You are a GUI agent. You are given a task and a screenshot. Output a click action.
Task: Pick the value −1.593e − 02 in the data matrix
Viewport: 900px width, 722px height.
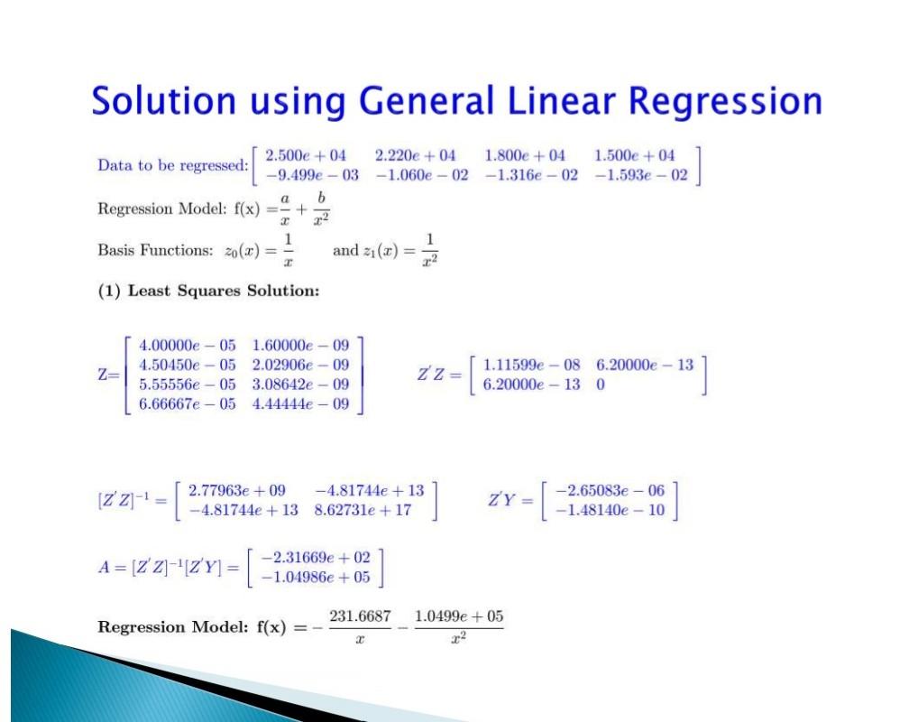pos(641,175)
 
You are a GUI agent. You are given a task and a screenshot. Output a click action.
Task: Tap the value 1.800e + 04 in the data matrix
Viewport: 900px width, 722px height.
pos(525,156)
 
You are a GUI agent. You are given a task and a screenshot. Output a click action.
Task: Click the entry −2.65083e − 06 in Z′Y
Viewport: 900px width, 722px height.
pos(610,491)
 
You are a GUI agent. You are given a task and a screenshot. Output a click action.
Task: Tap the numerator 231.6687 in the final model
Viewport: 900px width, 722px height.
pos(360,616)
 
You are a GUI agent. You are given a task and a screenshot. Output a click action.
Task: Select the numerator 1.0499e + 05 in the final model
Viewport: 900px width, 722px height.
pos(459,616)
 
